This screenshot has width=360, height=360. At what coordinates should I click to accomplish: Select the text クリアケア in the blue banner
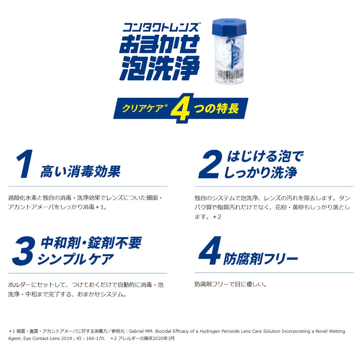click(143, 108)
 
